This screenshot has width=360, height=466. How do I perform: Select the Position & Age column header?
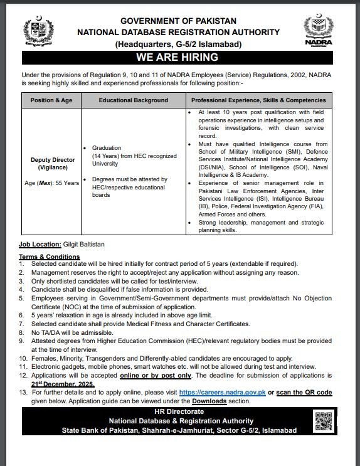coord(53,100)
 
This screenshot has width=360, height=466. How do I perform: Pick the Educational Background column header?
coord(134,100)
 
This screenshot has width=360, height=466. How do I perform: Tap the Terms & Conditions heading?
coord(49,257)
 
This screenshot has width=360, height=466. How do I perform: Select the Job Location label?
coord(39,244)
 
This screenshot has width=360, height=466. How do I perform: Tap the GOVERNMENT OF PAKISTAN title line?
coord(178,21)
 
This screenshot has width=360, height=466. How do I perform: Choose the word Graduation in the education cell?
coord(107,148)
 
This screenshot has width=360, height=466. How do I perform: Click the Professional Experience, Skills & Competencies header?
coord(258,100)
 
